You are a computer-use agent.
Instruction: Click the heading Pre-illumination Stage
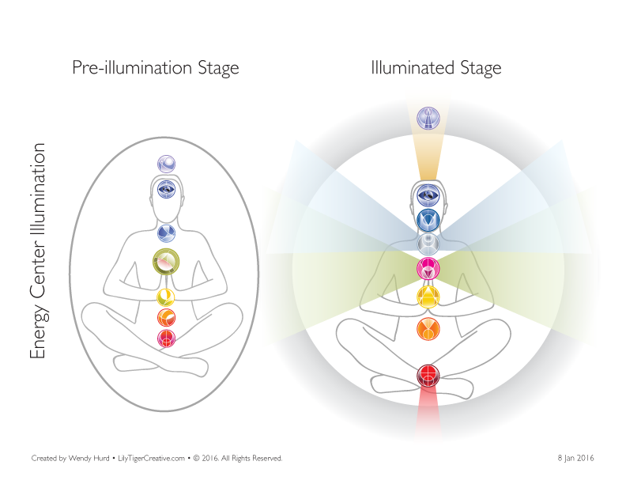tap(155, 68)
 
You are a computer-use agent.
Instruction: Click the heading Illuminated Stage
tap(436, 68)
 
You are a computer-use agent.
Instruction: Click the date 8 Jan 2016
tap(575, 458)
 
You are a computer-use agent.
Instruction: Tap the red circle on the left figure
tap(167, 338)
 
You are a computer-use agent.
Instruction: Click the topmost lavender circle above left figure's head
tap(167, 164)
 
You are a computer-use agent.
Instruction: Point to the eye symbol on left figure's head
tap(167, 188)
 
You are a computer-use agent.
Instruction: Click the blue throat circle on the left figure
tap(167, 233)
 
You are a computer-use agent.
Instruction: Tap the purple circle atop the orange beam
tap(428, 118)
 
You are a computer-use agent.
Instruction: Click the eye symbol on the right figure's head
tap(428, 195)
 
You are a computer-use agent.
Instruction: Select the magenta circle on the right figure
tap(428, 269)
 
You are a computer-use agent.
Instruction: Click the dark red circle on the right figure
tap(428, 376)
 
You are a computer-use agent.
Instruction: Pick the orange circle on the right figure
tap(428, 328)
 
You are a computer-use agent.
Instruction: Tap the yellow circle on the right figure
tap(428, 297)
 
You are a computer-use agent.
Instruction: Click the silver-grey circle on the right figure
tap(428, 244)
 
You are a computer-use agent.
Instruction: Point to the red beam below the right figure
tap(428, 415)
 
